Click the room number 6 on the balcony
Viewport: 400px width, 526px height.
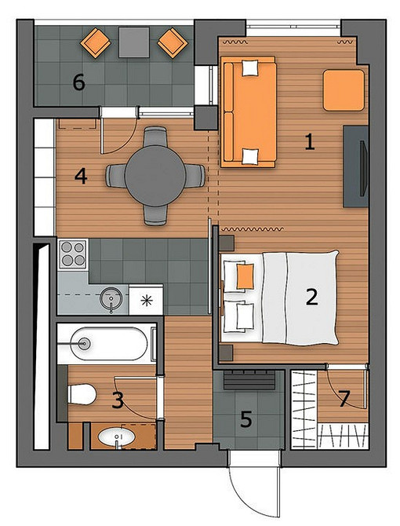[79, 82]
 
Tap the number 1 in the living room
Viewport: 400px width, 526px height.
[310, 141]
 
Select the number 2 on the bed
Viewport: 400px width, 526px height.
[311, 297]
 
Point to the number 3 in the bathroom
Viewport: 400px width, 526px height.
[118, 400]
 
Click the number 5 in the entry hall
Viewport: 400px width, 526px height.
[246, 419]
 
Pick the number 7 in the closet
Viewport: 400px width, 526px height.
[344, 399]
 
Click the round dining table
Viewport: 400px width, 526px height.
[155, 175]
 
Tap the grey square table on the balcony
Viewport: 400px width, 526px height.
[134, 42]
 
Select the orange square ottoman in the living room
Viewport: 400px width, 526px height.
[344, 90]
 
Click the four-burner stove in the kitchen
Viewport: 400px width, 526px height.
[73, 254]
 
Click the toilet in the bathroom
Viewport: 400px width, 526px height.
[82, 394]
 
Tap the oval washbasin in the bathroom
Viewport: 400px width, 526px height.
[117, 437]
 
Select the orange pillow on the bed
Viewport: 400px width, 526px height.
[245, 276]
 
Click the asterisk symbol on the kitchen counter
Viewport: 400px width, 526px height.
[146, 301]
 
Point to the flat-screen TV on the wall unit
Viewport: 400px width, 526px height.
[363, 169]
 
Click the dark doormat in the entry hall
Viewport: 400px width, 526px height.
[249, 381]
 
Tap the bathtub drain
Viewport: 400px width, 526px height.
[84, 343]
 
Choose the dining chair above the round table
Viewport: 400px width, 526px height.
[155, 136]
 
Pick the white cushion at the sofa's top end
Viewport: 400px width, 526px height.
[250, 68]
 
